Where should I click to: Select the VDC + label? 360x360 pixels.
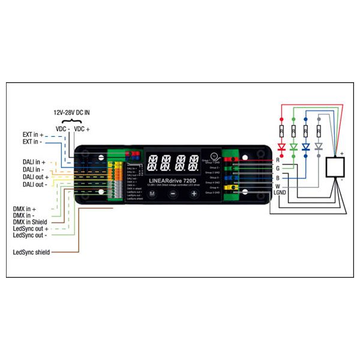[82, 128]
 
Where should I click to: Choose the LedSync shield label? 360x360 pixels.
[31, 252]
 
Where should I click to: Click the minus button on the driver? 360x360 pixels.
[172, 194]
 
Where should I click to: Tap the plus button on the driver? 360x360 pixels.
[194, 194]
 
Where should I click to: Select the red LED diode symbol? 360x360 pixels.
[280, 147]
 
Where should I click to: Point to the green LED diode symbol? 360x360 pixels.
[293, 147]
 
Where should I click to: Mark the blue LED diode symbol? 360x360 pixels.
[306, 147]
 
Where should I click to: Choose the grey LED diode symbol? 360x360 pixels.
[319, 147]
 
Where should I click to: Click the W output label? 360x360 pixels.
[277, 186]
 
